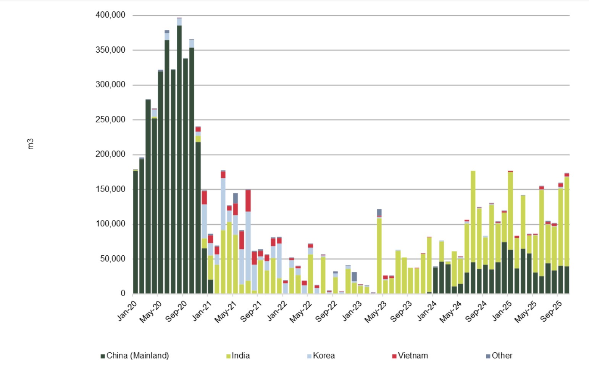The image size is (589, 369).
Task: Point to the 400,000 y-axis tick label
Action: [x=110, y=15]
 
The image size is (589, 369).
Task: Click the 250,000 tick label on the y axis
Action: [x=110, y=119]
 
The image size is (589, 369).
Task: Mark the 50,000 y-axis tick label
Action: [x=112, y=259]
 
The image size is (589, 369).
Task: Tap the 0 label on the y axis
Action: [x=123, y=293]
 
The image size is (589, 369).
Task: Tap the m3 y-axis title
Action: [x=31, y=144]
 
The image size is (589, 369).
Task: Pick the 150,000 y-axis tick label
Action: [x=110, y=189]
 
